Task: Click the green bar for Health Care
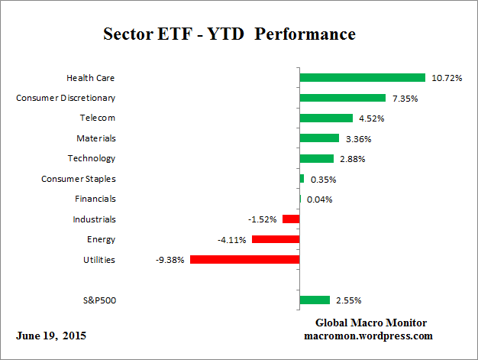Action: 362,77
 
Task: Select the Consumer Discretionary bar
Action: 342,98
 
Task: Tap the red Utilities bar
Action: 244,260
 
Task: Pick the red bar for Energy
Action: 275,239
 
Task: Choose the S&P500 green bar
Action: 315,300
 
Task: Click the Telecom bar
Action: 326,118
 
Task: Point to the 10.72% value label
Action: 447,78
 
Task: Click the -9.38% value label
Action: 170,260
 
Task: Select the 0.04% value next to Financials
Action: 319,199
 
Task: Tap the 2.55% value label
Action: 350,300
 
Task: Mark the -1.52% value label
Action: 262,219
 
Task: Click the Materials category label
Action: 95,138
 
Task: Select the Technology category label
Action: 92,158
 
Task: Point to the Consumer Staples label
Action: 78,179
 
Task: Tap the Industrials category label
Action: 94,219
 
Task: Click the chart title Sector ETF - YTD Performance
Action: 229,35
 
